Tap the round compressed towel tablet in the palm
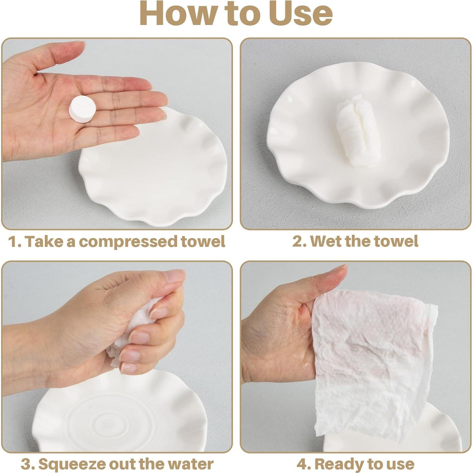pyautogui.click(x=82, y=109)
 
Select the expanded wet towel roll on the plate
pyautogui.click(x=356, y=131)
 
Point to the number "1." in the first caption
pyautogui.click(x=15, y=242)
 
